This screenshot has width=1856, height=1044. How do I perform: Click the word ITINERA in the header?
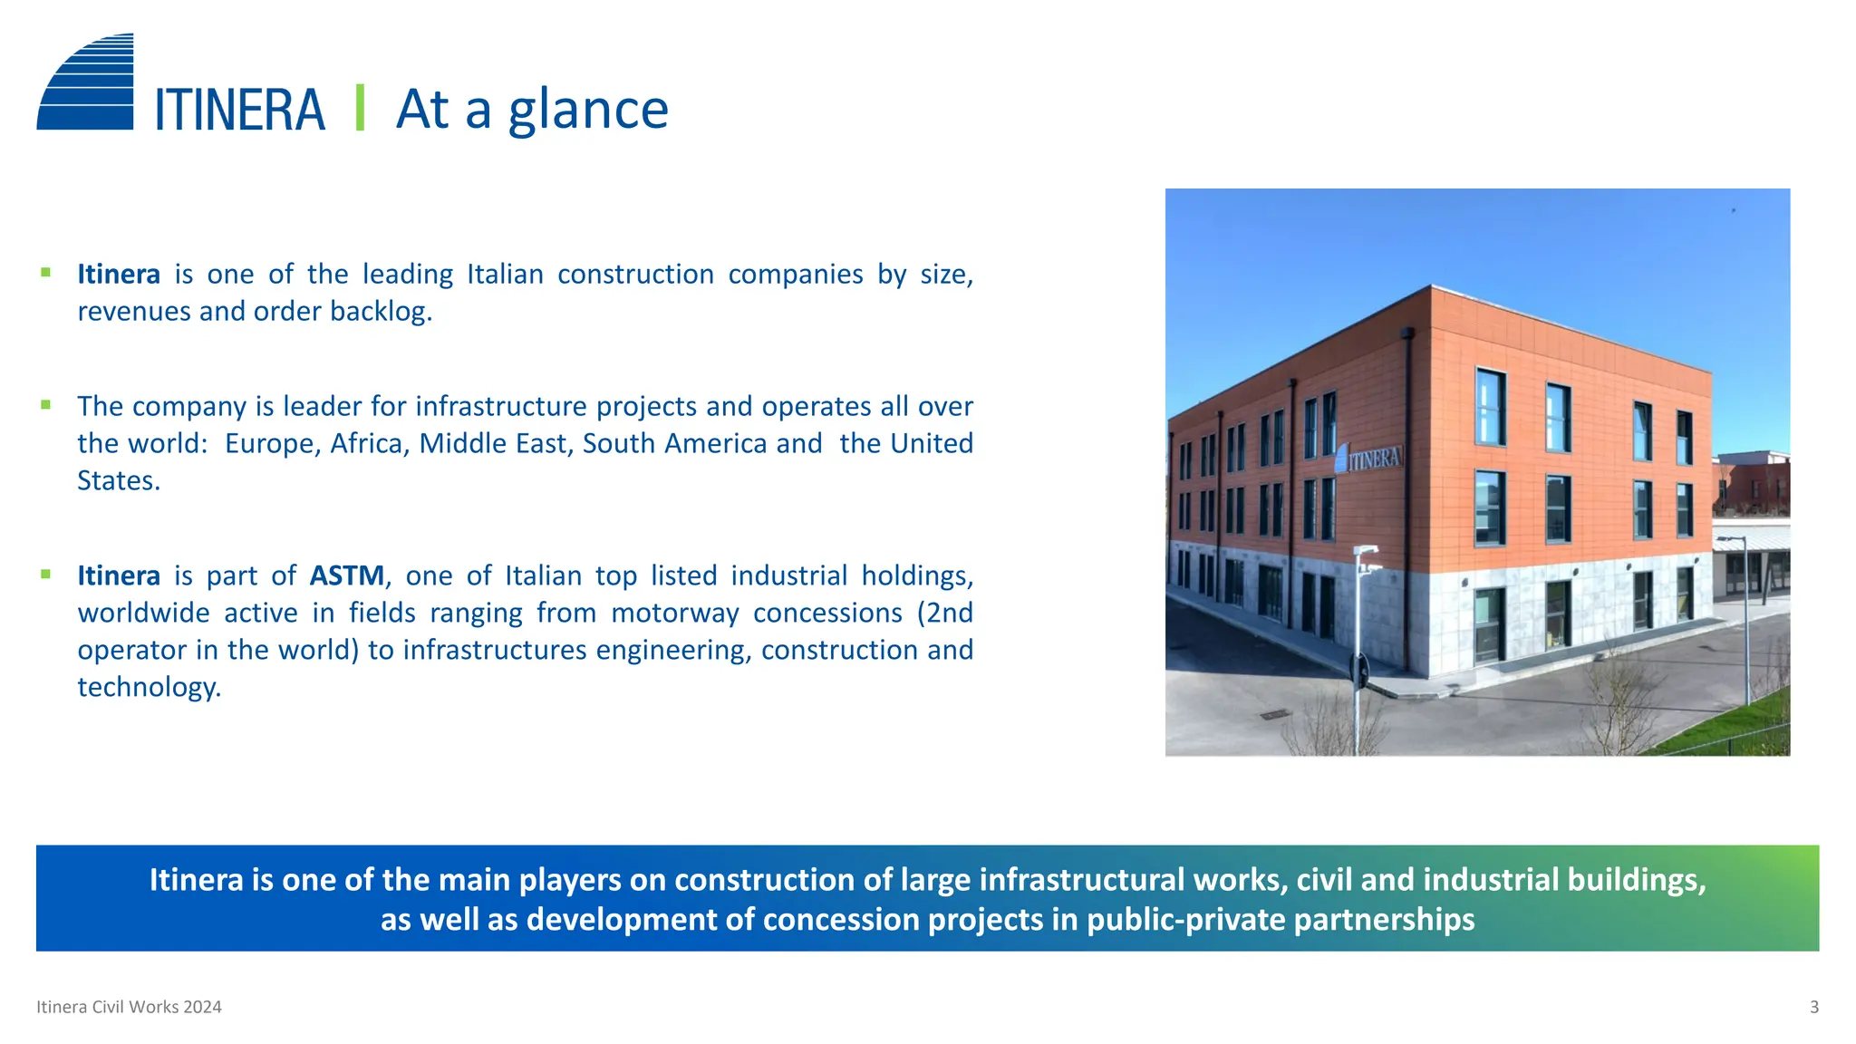239,111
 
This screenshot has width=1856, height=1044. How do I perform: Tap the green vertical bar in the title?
360,108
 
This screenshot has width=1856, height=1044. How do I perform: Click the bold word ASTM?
347,575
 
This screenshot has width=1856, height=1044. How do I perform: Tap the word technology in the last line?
148,688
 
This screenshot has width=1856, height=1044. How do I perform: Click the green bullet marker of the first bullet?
45,272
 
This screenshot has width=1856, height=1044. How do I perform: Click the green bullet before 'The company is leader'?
45,405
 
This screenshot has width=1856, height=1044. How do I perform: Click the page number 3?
1813,1007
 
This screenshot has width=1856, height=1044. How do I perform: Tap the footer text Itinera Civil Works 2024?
129,1007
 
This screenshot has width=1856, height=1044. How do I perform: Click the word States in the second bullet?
118,481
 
